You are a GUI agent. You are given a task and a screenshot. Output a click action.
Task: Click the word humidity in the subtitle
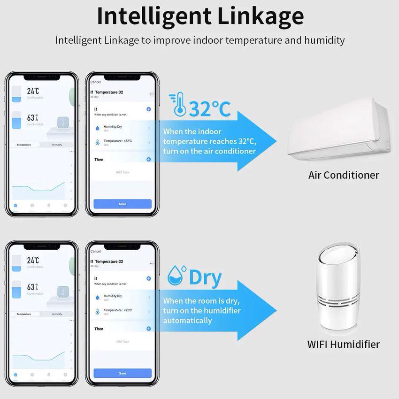tap(324, 40)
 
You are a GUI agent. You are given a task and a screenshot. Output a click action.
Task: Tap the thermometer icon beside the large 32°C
tap(179, 104)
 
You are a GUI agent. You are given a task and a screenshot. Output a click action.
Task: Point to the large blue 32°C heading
tap(209, 108)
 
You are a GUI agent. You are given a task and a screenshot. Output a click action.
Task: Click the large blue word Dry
tap(205, 278)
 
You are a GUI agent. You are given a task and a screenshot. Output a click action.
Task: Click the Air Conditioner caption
tap(343, 175)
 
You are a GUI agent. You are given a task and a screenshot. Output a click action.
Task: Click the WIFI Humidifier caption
tap(343, 344)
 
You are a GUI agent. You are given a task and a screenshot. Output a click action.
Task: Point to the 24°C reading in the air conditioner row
tap(33, 91)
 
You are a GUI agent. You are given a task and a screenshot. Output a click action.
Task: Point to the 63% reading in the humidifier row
tap(32, 287)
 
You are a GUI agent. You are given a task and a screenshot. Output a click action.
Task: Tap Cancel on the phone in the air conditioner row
tap(95, 82)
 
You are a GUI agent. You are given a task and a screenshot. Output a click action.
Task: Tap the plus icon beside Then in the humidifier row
tap(148, 329)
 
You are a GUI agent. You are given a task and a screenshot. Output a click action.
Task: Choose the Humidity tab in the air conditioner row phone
tap(57, 145)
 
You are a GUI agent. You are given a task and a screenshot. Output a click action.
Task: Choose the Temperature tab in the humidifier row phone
tap(24, 314)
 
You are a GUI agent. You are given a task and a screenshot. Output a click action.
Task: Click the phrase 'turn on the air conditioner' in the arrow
tap(209, 151)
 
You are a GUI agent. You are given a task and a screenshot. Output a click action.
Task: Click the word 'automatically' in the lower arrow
tap(187, 321)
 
